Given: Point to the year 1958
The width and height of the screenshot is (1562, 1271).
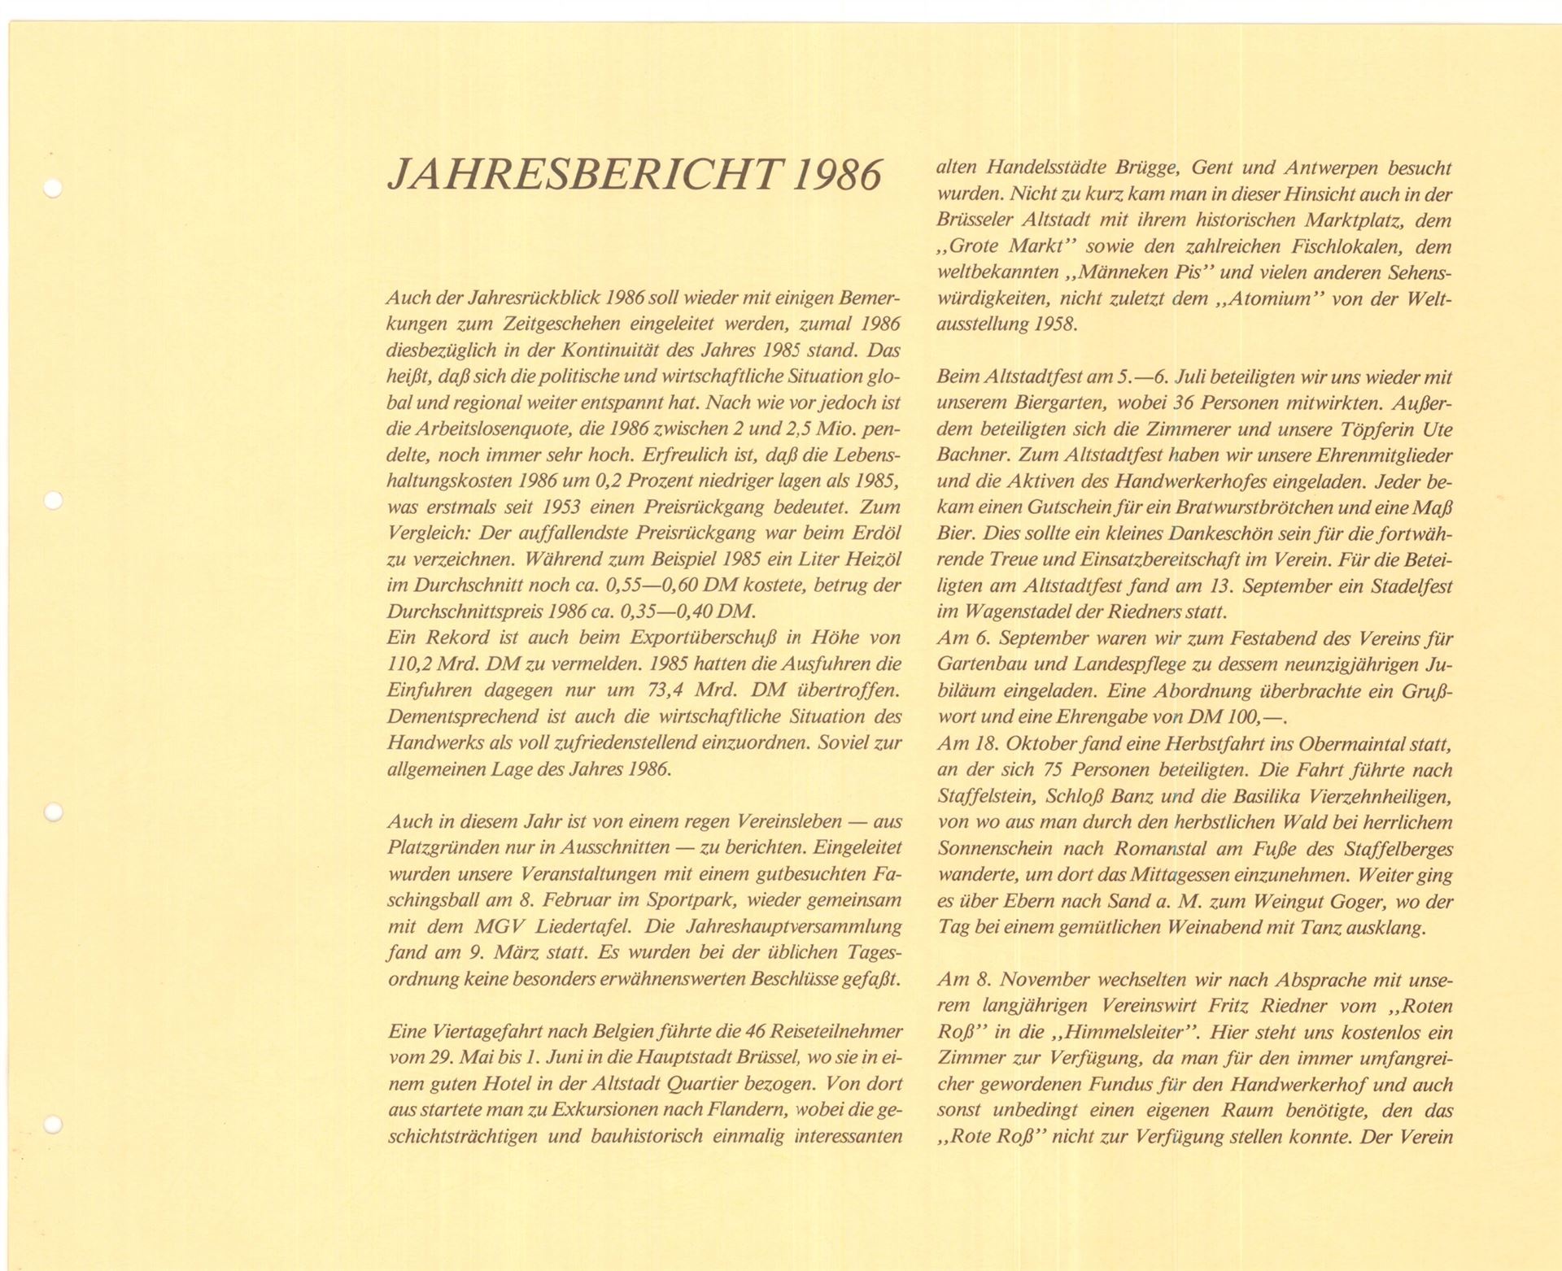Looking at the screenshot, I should (x=1055, y=324).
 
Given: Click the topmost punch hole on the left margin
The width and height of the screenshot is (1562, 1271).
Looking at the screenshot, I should (x=53, y=189).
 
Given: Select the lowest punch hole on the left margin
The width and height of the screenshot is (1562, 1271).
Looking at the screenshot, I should (x=53, y=1125).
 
